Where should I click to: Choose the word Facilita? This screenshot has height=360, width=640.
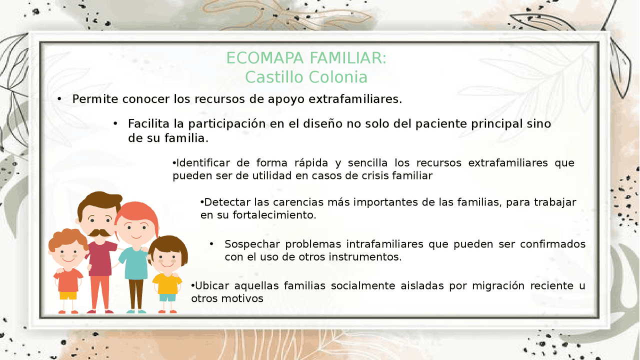click(x=148, y=124)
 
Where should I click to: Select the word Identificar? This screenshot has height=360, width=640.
click(x=203, y=163)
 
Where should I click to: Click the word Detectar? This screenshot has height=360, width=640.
click(x=227, y=202)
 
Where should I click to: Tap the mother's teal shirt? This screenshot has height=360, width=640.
click(x=133, y=262)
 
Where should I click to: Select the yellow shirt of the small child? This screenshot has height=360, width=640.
click(x=167, y=284)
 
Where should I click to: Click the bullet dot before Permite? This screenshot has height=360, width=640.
click(x=59, y=99)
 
